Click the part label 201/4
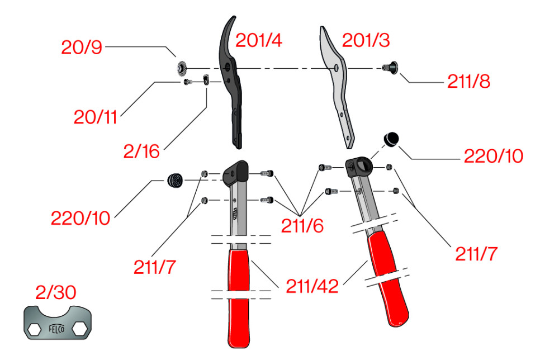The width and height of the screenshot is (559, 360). (x=258, y=40)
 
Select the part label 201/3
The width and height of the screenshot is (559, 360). (x=366, y=40)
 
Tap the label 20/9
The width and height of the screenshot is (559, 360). (x=82, y=47)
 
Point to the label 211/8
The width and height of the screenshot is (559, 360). (x=468, y=82)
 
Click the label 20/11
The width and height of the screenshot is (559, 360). (x=95, y=117)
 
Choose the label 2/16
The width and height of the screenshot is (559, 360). (x=141, y=151)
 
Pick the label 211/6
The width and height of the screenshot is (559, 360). (x=302, y=226)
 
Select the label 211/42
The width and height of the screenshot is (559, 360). (x=312, y=286)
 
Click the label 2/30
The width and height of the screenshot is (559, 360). (x=55, y=292)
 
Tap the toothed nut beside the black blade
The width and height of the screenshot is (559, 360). (x=182, y=68)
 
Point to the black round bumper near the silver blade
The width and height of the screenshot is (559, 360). (x=391, y=139)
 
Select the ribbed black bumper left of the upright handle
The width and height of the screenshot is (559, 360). (x=175, y=181)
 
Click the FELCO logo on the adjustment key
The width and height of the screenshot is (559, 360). (x=56, y=329)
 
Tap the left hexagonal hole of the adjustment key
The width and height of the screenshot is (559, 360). (x=35, y=330)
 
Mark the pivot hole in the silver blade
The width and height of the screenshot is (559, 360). (x=336, y=68)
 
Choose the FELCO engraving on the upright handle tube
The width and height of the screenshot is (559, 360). (x=235, y=214)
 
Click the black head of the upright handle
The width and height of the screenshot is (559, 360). (x=236, y=172)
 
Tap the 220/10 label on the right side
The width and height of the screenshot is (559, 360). (x=494, y=156)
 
